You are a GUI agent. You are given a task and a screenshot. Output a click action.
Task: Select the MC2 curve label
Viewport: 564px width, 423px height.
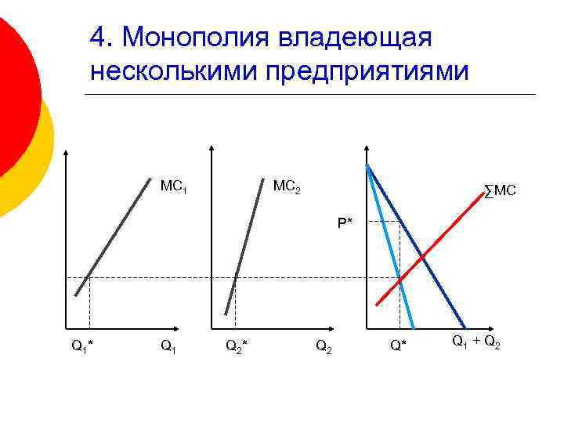pos(286,188)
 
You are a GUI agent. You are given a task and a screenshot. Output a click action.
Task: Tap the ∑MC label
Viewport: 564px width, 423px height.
pos(500,190)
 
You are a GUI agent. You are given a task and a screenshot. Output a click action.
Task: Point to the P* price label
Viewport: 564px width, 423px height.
pos(345,222)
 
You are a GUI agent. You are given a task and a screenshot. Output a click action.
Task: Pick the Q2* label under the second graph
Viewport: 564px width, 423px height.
pos(237,345)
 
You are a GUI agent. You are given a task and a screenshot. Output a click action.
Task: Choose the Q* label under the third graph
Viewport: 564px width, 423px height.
pos(399,345)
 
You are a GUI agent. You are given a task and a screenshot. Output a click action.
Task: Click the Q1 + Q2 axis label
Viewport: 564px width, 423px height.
pos(475,342)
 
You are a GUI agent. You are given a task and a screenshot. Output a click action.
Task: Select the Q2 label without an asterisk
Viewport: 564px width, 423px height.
pos(324,345)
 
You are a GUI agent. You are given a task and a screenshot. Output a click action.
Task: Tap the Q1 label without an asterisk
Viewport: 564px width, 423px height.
pos(168,345)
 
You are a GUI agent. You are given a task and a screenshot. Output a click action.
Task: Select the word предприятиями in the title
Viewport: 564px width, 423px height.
pos(367,70)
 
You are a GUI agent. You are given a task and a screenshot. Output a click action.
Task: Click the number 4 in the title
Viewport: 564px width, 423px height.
pos(97,37)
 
